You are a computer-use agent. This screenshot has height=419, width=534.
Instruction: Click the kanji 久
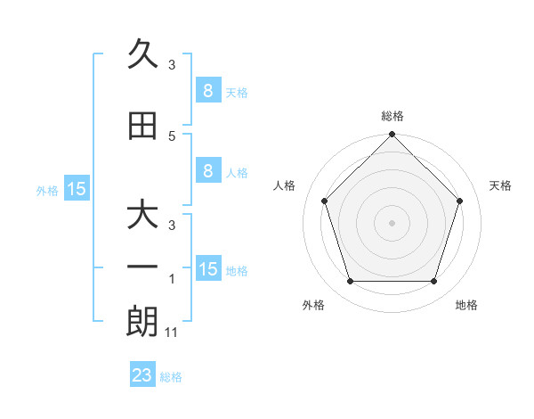[142, 57]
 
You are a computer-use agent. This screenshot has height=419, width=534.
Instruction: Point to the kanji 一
[142, 267]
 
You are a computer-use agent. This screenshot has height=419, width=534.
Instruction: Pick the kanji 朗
[142, 322]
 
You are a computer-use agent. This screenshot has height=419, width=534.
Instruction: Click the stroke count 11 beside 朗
[173, 333]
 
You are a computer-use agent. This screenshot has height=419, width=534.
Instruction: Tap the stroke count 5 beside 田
[172, 136]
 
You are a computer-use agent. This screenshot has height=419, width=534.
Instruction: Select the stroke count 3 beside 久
[172, 65]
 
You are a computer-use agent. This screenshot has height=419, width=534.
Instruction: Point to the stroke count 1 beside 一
[172, 280]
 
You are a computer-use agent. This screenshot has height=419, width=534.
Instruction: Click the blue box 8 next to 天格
[207, 91]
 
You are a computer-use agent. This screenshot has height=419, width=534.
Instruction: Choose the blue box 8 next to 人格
[207, 172]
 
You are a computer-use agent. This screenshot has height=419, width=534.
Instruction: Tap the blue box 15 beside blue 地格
[208, 269]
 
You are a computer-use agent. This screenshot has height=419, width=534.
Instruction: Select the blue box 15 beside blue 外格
[77, 189]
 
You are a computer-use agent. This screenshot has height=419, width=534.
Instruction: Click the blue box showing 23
[142, 375]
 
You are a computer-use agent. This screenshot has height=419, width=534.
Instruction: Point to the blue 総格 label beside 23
[171, 377]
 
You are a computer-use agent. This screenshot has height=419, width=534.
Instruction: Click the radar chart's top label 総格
[392, 117]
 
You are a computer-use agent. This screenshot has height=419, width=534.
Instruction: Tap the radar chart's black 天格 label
[500, 185]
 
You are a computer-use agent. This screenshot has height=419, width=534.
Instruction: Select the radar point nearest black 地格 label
[433, 281]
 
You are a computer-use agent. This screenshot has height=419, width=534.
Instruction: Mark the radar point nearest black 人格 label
[324, 201]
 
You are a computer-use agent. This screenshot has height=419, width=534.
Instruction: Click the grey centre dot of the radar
[392, 222]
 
